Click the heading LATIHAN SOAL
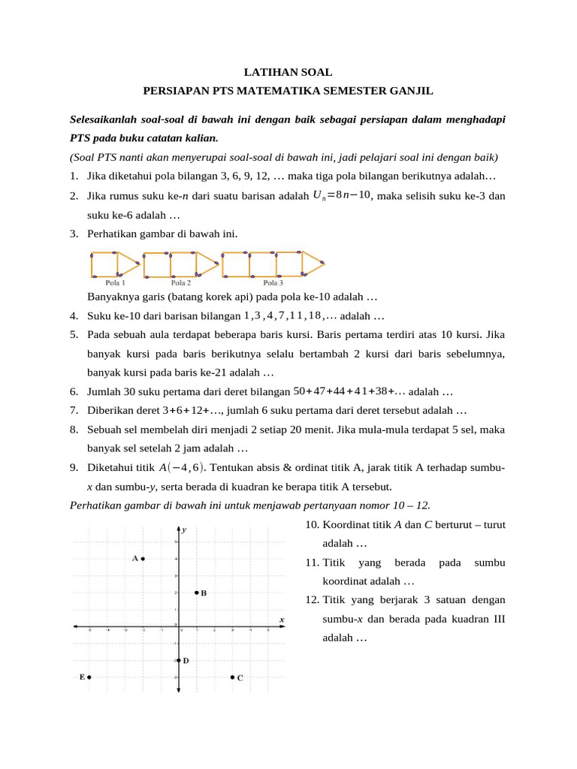(x=288, y=72)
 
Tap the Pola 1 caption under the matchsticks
(x=115, y=283)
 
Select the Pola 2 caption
(x=180, y=283)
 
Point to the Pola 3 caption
(x=273, y=283)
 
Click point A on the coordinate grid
(x=143, y=558)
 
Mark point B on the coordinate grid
(x=196, y=593)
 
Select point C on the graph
(x=232, y=677)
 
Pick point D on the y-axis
(x=179, y=660)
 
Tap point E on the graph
(x=89, y=677)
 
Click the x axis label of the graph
(x=282, y=620)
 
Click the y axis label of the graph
(x=185, y=529)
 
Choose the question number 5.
(x=74, y=334)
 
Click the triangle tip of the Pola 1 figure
(x=139, y=262)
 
